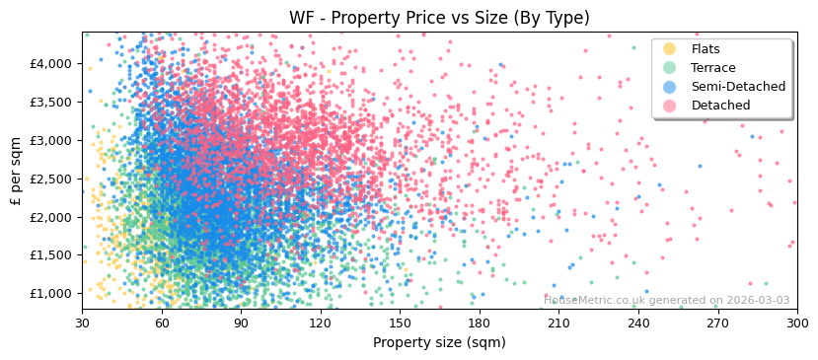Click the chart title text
(x=439, y=18)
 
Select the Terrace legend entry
(x=713, y=68)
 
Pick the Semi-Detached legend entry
(x=738, y=87)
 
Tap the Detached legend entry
(x=720, y=106)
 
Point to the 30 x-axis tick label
(x=82, y=323)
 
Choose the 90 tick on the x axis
(x=241, y=323)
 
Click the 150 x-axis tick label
(x=400, y=323)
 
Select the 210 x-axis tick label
(x=558, y=323)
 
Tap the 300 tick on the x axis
(x=796, y=323)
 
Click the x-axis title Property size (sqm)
(x=439, y=342)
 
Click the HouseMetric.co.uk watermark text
(x=666, y=301)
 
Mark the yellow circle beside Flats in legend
(x=669, y=49)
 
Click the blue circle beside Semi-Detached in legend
(x=669, y=87)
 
